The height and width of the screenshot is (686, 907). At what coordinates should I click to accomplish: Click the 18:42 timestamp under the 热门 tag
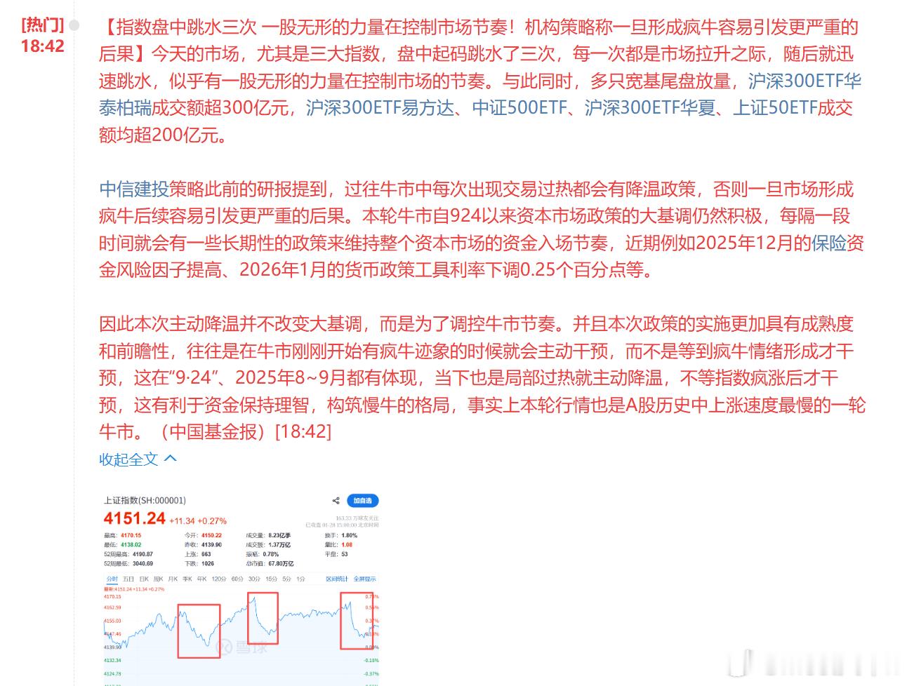pos(42,46)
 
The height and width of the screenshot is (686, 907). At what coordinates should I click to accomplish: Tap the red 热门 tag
pos(42,26)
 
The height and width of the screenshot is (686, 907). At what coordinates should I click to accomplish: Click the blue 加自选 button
pos(362,501)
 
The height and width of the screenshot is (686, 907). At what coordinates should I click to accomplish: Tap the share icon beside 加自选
pos(336,501)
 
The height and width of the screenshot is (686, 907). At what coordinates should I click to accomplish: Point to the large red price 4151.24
pos(134,519)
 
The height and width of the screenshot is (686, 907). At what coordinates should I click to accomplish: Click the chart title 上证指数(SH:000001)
pos(145,500)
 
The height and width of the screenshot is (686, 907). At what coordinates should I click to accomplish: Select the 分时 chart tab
pos(112,579)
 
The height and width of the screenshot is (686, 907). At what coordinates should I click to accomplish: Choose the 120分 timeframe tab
pos(219,579)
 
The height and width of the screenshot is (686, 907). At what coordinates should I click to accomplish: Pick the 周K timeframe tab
pos(158,579)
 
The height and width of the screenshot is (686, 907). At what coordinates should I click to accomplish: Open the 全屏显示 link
pos(364,579)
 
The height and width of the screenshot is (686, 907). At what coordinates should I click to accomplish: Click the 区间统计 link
pos(337,579)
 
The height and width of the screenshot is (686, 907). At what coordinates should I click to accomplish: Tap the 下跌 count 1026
pos(208,563)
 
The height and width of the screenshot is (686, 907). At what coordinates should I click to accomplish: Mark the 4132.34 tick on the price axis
pos(112,660)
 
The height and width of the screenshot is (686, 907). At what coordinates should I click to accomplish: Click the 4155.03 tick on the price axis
pos(112,621)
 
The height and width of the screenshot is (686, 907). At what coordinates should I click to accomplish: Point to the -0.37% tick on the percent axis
pos(371,673)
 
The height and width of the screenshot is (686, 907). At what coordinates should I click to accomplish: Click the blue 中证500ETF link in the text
pos(519,108)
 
